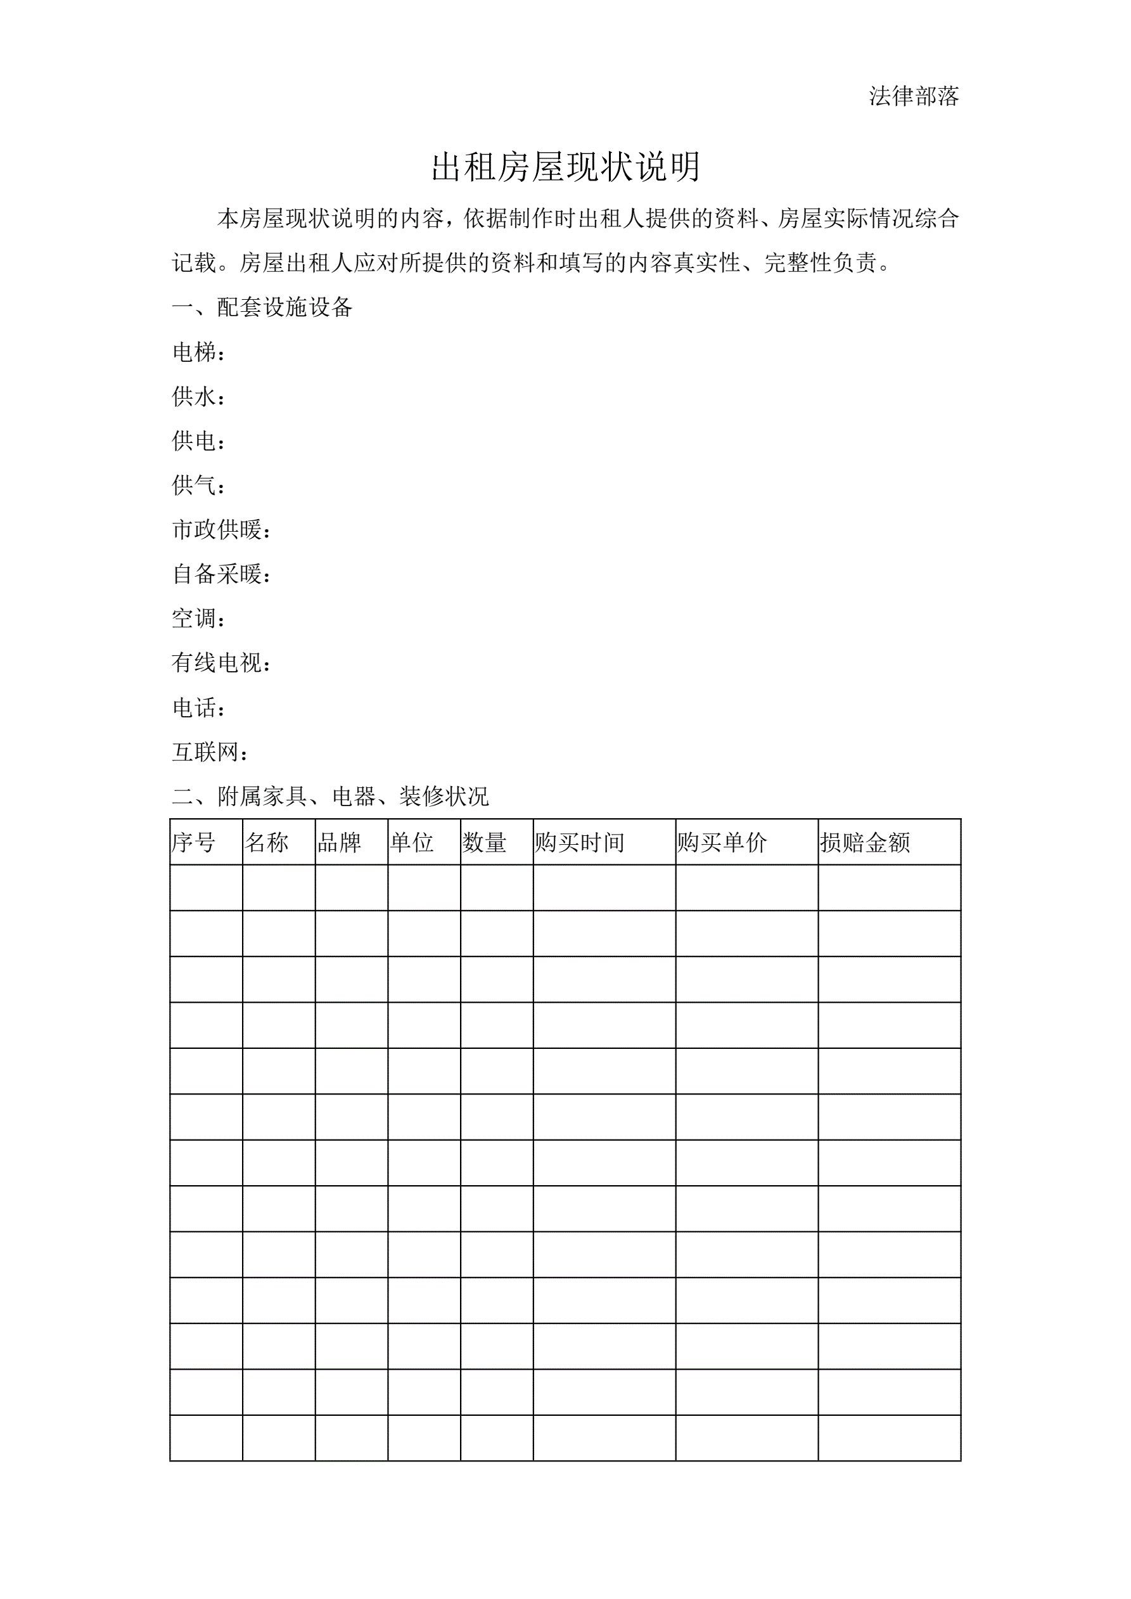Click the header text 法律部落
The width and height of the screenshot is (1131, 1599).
914,96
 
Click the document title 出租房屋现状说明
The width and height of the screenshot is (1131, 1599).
565,167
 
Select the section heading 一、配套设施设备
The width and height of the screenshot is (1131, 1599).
262,307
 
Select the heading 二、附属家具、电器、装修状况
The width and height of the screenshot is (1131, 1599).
330,797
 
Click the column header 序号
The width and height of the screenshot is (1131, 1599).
194,843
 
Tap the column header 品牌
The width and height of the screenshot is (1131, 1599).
339,843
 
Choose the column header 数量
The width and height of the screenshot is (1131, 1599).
484,843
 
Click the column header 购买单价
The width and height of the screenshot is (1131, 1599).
722,843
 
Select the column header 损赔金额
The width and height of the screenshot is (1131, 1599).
865,843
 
